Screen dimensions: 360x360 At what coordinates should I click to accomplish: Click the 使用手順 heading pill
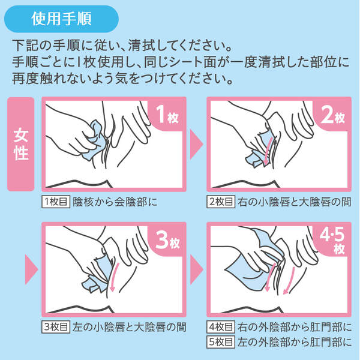61,19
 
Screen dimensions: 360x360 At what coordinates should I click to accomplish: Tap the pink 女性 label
21,144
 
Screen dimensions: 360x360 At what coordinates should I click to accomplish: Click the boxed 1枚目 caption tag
56,202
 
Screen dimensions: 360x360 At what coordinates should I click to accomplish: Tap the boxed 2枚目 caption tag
221,202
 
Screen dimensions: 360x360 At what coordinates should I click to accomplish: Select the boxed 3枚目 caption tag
56,327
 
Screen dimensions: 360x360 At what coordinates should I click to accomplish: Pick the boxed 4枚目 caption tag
221,327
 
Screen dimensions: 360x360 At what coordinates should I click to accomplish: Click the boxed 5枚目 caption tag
221,342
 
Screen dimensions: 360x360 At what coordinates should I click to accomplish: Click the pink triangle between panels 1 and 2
196,145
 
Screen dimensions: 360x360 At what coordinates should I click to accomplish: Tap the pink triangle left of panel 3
31,269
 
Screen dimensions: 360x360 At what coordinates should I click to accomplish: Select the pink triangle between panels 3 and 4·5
196,269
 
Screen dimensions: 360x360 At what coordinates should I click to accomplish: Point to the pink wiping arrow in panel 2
268,151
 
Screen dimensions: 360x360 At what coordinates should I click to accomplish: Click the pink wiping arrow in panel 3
115,277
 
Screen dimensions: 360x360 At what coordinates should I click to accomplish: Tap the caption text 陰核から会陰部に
115,202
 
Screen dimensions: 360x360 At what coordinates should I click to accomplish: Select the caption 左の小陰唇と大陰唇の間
129,327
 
